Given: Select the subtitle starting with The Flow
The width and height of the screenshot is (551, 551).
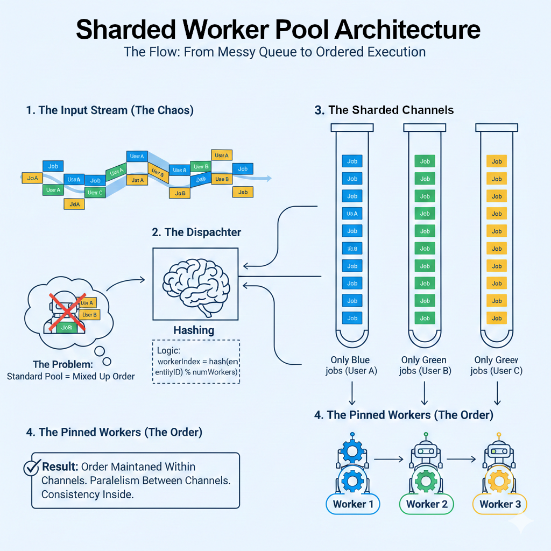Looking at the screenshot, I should pyautogui.click(x=275, y=52).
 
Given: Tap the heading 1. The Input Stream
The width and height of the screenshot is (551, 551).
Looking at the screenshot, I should pyautogui.click(x=110, y=110).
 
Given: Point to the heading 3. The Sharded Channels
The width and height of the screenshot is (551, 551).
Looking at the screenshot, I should pyautogui.click(x=384, y=110).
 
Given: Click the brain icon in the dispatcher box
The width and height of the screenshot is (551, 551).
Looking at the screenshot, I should pyautogui.click(x=195, y=284).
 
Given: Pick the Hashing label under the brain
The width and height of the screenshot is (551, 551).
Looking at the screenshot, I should pyautogui.click(x=194, y=330).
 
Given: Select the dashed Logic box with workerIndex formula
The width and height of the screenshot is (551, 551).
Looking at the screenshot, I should pyautogui.click(x=196, y=362).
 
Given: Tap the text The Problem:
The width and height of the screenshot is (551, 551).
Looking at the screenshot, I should pyautogui.click(x=63, y=365).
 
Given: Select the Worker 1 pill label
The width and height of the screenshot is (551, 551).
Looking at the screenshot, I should pyautogui.click(x=353, y=504).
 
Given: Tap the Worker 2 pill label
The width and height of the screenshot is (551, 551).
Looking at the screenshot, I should pyautogui.click(x=427, y=504).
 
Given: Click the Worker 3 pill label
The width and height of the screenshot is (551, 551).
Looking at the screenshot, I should pyautogui.click(x=500, y=504).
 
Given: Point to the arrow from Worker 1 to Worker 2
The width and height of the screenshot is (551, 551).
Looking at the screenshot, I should pyautogui.click(x=387, y=459).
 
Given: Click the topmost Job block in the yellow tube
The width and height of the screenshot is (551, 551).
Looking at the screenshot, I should pyautogui.click(x=497, y=161).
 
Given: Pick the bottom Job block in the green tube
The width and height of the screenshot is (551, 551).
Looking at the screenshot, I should pyautogui.click(x=425, y=318).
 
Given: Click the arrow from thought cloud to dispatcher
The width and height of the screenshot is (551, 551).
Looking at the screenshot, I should pyautogui.click(x=125, y=284).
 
